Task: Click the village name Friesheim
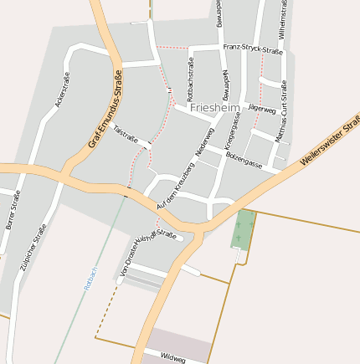[215, 108]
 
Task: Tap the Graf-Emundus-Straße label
[111, 110]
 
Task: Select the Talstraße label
[125, 134]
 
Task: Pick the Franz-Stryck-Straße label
[253, 50]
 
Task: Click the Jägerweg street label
[262, 109]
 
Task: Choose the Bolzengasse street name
[244, 158]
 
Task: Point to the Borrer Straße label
[12, 211]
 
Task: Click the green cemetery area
[244, 229]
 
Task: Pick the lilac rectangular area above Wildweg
[178, 342]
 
